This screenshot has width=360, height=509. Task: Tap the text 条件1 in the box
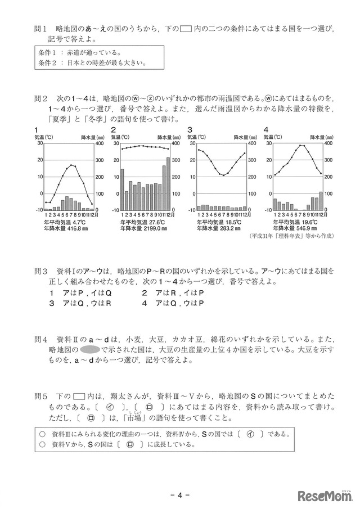(x=48, y=52)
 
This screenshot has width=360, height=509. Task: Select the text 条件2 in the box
(x=48, y=62)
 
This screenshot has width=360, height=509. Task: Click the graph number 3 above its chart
(x=190, y=129)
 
